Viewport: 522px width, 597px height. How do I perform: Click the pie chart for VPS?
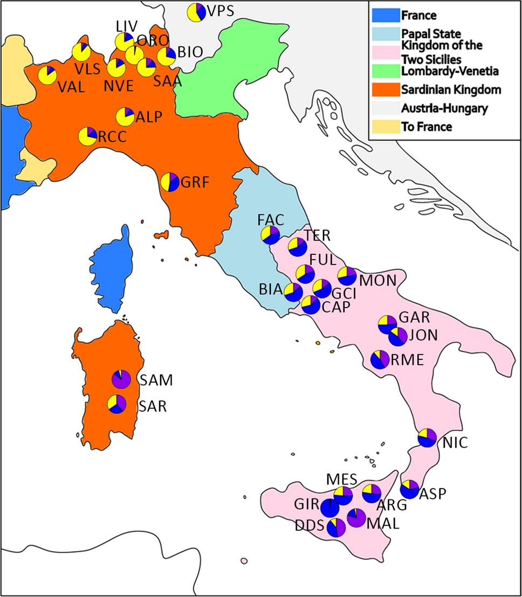196,12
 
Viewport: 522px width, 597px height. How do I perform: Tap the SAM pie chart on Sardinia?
121,379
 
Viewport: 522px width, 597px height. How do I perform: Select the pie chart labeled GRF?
169,182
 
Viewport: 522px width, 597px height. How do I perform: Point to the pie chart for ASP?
410,489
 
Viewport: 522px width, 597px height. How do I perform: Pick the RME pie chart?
380,359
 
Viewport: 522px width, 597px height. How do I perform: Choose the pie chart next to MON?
346,276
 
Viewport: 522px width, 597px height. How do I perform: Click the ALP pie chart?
126,116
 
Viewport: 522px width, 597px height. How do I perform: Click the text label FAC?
270,220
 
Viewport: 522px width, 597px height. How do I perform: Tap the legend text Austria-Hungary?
445,108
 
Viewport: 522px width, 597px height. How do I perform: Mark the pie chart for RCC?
88,136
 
